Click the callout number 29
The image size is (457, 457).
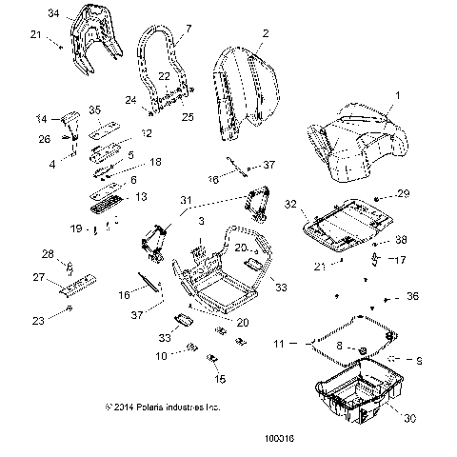click(403, 193)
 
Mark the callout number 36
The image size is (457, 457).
click(411, 297)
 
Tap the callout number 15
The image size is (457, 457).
click(220, 379)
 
